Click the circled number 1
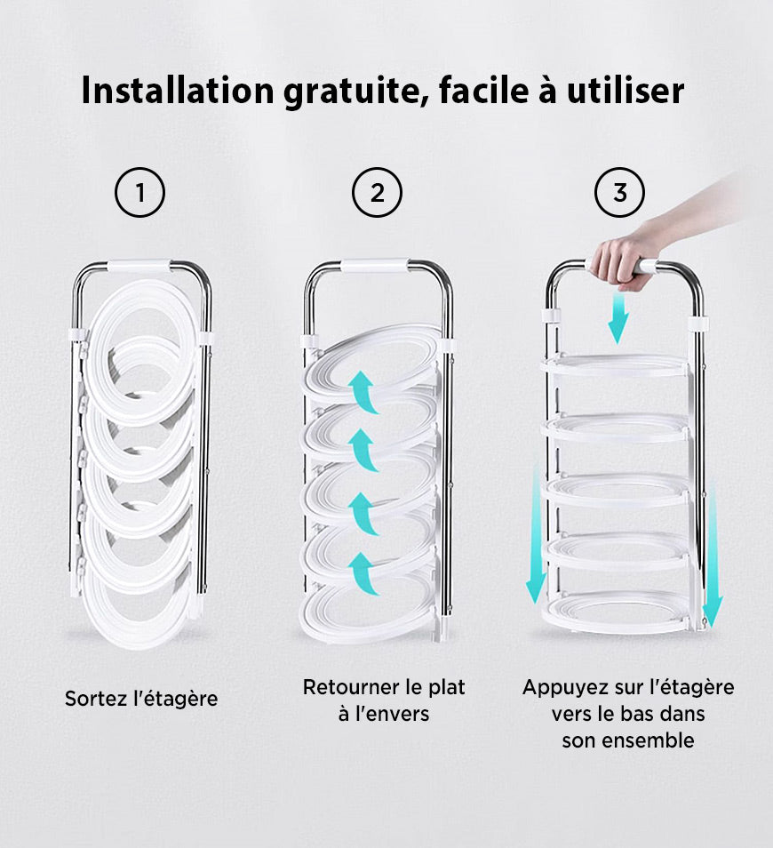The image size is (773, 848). click(x=139, y=193)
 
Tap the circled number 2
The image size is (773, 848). click(x=377, y=193)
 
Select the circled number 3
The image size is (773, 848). click(x=619, y=193)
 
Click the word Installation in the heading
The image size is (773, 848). click(x=178, y=91)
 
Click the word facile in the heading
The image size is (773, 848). click(x=484, y=91)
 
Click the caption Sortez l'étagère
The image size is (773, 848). click(x=141, y=699)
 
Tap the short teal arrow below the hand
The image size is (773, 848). click(x=618, y=319)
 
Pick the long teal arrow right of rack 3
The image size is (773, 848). click(x=713, y=552)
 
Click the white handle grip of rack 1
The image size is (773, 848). click(x=139, y=266)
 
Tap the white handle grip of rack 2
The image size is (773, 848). click(x=375, y=265)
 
